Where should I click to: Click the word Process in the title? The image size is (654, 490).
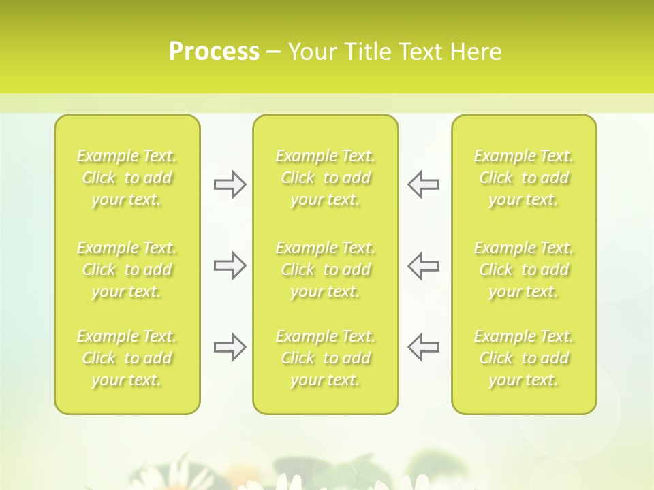click(x=214, y=52)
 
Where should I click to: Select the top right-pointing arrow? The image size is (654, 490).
click(x=230, y=184)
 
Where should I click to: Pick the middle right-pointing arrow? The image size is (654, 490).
click(x=230, y=265)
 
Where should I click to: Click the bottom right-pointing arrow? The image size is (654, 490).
click(x=230, y=347)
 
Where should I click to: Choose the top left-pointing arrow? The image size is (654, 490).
click(x=424, y=184)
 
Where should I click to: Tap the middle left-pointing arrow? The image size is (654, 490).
click(x=424, y=265)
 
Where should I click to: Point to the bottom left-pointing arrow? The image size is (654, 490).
click(x=424, y=347)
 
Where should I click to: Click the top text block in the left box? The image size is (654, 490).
click(x=127, y=178)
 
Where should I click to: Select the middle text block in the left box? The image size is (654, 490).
click(x=127, y=269)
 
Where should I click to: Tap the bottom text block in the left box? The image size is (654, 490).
click(x=127, y=358)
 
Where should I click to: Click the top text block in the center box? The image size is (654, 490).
click(x=326, y=178)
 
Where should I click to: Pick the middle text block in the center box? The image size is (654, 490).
click(x=326, y=269)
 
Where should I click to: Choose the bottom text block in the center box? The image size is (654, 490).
click(x=326, y=358)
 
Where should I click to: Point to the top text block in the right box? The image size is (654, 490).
click(x=524, y=178)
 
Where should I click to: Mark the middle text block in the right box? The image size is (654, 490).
click(x=524, y=269)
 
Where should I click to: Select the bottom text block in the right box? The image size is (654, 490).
click(x=524, y=358)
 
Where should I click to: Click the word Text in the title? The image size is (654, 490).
click(x=418, y=52)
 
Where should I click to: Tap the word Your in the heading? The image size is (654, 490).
click(x=311, y=52)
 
